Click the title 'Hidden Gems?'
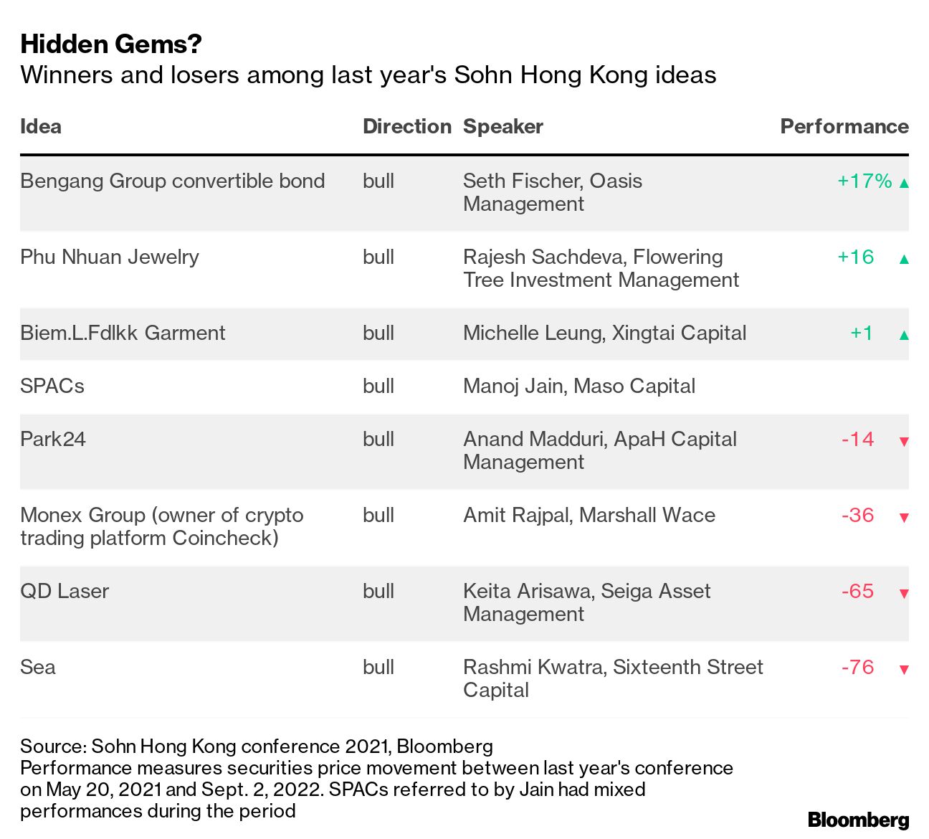(x=111, y=44)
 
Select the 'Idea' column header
(x=41, y=127)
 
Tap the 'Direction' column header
(x=406, y=127)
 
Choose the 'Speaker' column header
(x=502, y=127)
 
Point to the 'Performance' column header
(x=844, y=127)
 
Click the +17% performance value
(x=864, y=181)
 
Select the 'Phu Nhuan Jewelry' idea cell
(x=110, y=257)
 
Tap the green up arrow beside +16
(x=904, y=259)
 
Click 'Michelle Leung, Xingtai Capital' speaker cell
(x=604, y=333)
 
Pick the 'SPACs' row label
(x=52, y=387)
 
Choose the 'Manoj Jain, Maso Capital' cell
(x=578, y=387)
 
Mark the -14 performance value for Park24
(x=857, y=440)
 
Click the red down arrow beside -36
(x=904, y=518)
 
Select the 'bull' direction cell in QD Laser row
(x=378, y=592)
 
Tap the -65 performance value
(x=857, y=592)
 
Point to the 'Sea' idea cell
(x=38, y=668)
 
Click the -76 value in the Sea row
(x=857, y=668)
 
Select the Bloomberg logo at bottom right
(x=858, y=820)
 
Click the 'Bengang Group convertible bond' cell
(x=172, y=181)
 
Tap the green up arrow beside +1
(x=904, y=335)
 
